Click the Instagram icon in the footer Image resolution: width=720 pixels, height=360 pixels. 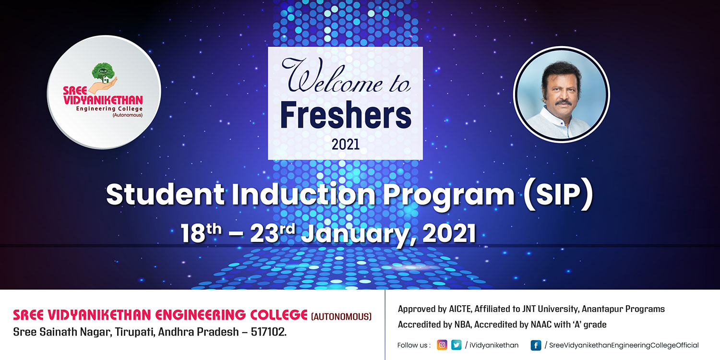[x=442, y=345]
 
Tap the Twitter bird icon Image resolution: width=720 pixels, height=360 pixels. [x=456, y=345]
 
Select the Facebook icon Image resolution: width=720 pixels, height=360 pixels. [x=536, y=345]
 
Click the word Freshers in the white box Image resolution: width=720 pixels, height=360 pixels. [x=346, y=115]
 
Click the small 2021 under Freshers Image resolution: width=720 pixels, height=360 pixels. [x=346, y=144]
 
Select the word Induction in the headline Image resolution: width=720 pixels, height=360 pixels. [x=303, y=194]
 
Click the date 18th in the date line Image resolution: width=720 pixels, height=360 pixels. [x=201, y=233]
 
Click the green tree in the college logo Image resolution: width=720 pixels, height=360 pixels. [x=103, y=72]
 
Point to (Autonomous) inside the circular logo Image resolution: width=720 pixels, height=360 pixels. [x=128, y=115]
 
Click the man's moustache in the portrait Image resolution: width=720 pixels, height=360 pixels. [x=564, y=103]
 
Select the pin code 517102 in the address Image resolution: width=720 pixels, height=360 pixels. [x=269, y=332]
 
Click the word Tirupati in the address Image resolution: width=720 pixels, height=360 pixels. [x=135, y=332]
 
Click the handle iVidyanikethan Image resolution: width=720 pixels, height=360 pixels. [x=494, y=345]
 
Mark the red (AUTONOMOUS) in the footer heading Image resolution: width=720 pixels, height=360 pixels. [x=341, y=317]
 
